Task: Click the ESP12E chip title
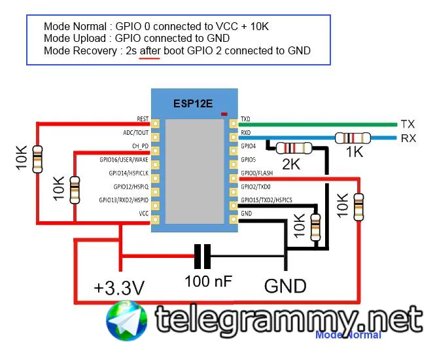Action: (194, 103)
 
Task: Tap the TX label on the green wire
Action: (408, 124)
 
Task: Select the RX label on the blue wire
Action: (408, 138)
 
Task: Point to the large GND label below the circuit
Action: (285, 286)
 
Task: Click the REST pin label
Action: (143, 120)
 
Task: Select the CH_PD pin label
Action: (140, 146)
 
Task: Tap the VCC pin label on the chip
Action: (143, 213)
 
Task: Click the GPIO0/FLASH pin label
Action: (257, 173)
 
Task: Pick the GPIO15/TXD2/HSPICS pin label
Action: (266, 200)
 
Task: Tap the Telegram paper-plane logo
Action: (128, 320)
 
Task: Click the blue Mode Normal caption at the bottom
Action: (348, 335)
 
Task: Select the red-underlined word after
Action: (150, 50)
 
